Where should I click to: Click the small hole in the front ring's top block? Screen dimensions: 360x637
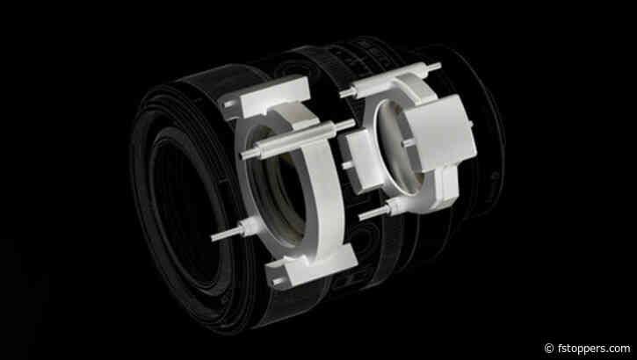230,107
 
